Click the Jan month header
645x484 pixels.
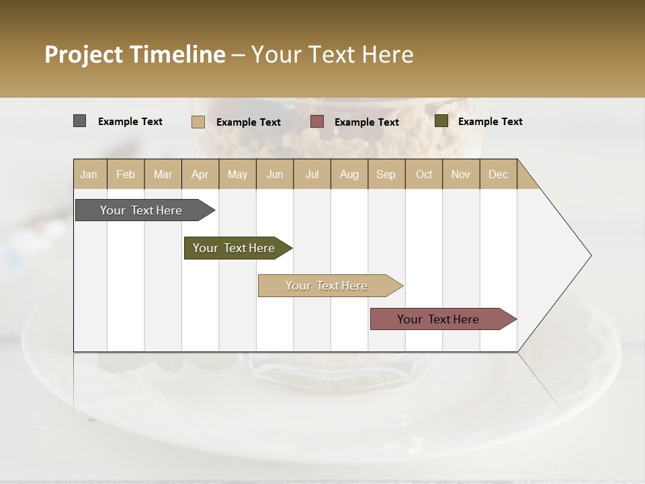89,174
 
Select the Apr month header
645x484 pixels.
200,174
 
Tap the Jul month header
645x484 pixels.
312,174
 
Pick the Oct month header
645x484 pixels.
424,174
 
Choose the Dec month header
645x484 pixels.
499,174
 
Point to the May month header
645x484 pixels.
237,174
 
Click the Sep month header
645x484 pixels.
386,174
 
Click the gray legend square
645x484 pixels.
79,121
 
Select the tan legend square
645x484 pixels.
198,122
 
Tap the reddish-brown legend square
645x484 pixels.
317,122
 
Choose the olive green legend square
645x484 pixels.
441,121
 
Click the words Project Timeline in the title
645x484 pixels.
135,54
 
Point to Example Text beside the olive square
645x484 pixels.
490,122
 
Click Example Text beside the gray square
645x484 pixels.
130,122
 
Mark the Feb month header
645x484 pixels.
126,174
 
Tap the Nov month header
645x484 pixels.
461,174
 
